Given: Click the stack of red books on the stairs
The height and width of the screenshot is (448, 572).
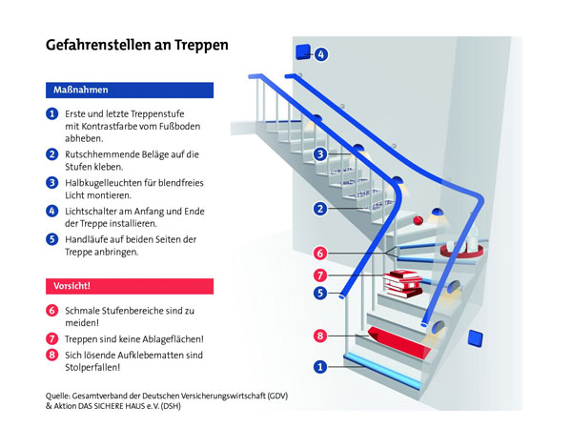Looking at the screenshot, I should tap(403, 281).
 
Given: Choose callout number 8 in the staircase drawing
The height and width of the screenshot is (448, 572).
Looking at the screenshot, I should tap(320, 335).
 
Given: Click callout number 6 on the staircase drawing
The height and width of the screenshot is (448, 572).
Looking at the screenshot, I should tap(320, 254).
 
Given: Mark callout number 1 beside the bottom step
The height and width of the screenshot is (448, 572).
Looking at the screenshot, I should tap(320, 366).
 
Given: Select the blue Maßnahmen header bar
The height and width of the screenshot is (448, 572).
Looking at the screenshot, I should tap(129, 90).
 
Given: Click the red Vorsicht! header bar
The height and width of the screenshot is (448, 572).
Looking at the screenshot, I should tap(129, 286).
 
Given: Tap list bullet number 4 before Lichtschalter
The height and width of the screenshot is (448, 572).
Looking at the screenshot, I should tap(52, 210).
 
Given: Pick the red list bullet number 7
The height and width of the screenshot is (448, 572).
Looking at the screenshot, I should tap(52, 338).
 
